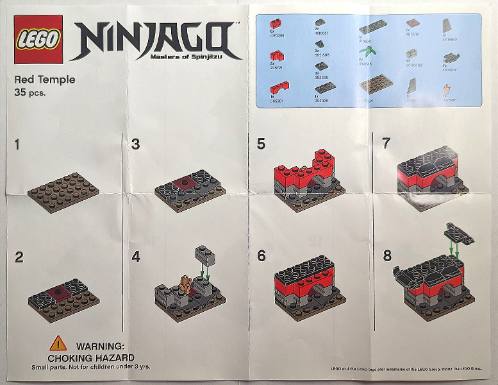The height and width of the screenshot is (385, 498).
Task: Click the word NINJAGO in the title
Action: (x=154, y=40)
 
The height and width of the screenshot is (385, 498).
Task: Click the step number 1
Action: (x=18, y=145)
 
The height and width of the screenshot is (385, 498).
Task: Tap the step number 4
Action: (x=135, y=257)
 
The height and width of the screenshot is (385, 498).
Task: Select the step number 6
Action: (x=261, y=256)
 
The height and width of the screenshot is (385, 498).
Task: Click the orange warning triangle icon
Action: (x=58, y=343)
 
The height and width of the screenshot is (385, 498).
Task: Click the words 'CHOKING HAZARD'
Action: (x=91, y=357)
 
